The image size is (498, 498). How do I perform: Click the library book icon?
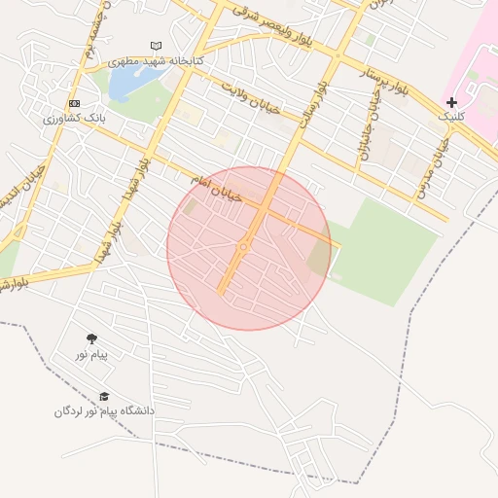(156, 46)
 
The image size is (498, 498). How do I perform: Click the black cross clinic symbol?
(451, 102)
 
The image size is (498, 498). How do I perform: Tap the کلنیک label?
(452, 116)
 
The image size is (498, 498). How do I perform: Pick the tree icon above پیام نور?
(92, 339)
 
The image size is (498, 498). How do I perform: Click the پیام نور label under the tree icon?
(92, 354)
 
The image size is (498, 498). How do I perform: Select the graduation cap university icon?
(104, 397)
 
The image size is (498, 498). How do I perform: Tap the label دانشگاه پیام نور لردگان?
(104, 411)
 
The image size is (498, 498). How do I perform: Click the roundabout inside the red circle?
(243, 247)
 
